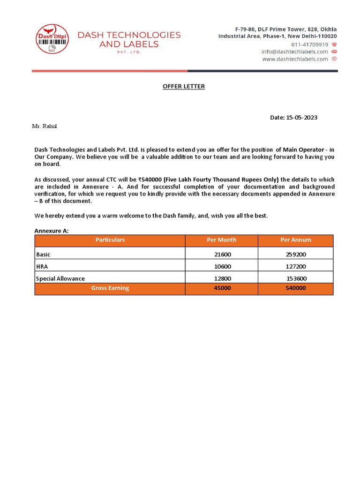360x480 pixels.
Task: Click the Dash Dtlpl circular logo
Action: coord(52,40)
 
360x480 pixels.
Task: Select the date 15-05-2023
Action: coord(302,118)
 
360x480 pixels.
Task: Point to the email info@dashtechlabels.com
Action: coord(295,52)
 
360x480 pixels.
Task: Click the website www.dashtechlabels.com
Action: coord(295,59)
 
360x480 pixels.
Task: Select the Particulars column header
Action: coord(110,240)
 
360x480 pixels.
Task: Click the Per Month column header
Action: coord(222,240)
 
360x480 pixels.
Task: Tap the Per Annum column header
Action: coord(295,240)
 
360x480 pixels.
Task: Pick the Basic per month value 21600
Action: coord(222,255)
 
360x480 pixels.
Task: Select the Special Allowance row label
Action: coord(60,278)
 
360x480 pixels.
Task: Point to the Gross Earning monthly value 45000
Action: coord(222,288)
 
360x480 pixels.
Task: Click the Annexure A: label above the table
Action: coord(52,231)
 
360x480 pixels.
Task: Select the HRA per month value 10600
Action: coord(222,266)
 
